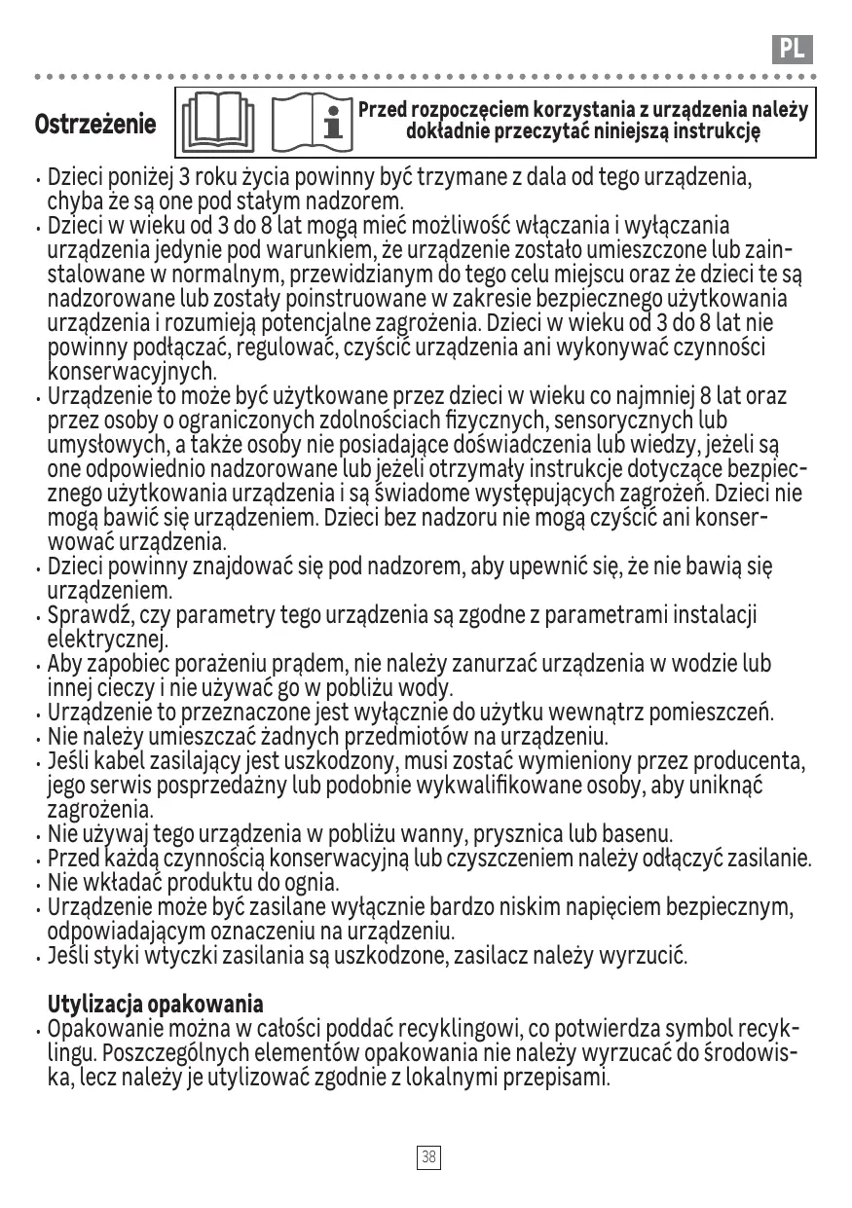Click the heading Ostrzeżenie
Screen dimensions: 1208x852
[x=95, y=125]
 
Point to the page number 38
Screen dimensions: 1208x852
[x=427, y=1156]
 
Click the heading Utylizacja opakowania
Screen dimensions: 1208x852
[x=156, y=1004]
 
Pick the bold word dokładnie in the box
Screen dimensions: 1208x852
[x=450, y=131]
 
